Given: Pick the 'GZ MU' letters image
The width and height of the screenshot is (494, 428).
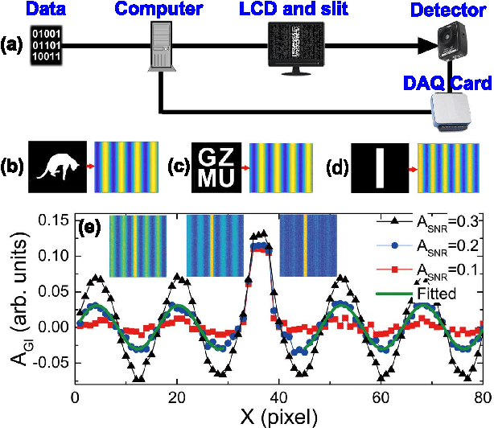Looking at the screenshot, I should [x=216, y=167].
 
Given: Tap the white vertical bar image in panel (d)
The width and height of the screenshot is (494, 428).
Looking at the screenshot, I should [x=381, y=167].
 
